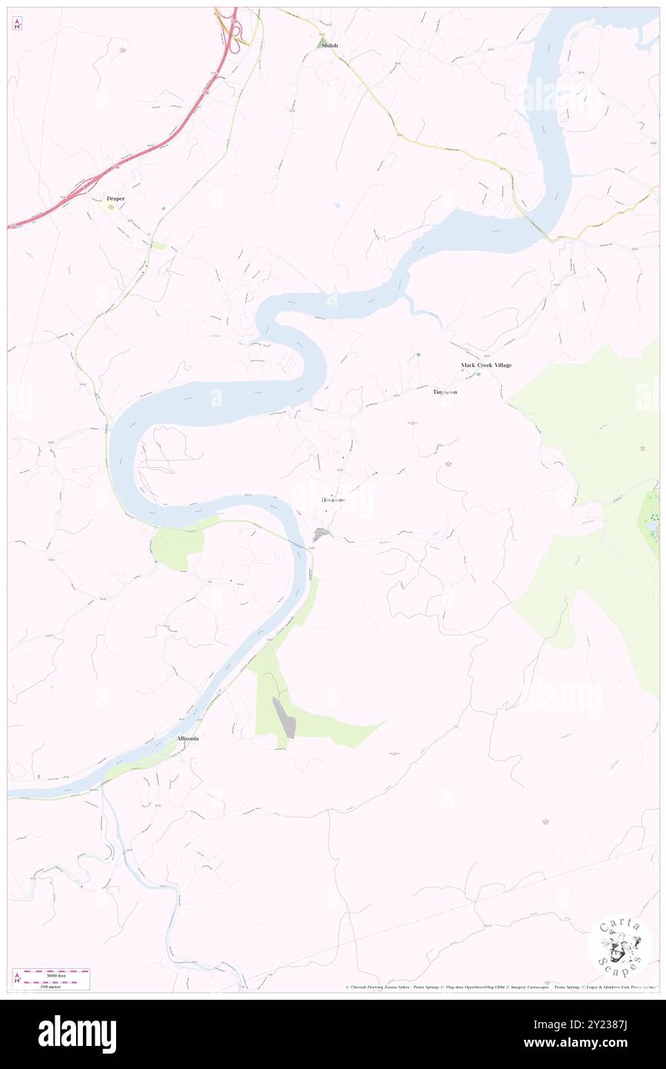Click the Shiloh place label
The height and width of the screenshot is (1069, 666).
click(329, 46)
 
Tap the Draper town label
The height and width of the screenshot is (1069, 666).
click(115, 198)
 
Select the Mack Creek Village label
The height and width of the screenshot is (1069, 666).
click(486, 365)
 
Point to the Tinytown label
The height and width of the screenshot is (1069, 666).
click(445, 392)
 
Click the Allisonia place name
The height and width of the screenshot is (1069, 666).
click(188, 738)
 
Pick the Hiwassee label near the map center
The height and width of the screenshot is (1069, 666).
click(333, 500)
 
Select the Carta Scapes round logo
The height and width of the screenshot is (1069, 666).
click(620, 945)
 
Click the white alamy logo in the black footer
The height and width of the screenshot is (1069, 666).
click(77, 1034)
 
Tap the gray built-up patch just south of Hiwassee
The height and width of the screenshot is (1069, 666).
click(321, 534)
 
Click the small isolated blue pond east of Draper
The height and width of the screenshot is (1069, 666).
click(336, 205)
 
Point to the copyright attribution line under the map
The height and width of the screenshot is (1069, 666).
click(500, 987)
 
